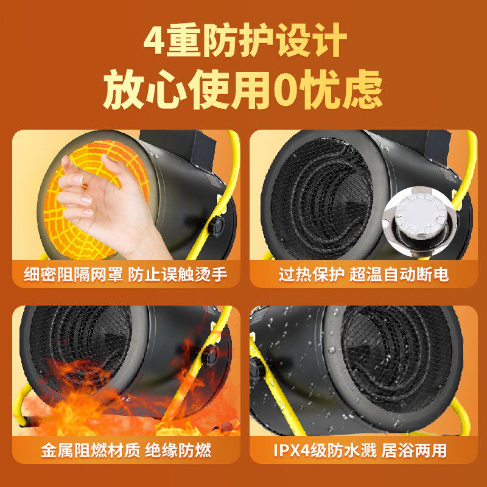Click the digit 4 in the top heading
click(153, 41)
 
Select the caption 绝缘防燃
click(179, 451)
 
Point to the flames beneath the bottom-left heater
click(110, 402)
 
